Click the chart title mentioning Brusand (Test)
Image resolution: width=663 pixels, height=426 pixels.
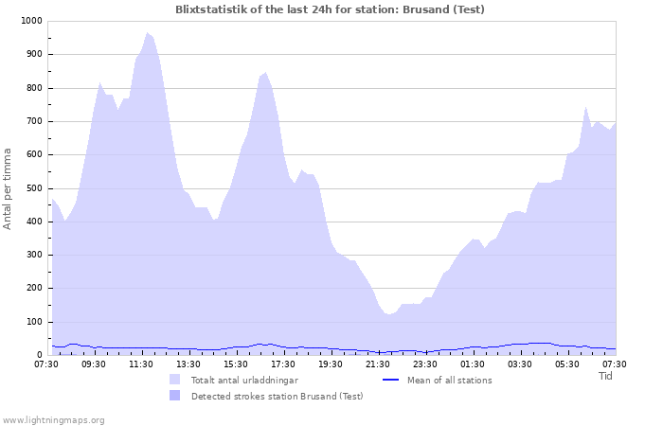[330, 9]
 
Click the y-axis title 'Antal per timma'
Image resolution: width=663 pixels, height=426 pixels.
[9, 187]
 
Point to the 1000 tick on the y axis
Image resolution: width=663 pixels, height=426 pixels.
[30, 21]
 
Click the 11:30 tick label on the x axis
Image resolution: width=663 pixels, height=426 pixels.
[141, 364]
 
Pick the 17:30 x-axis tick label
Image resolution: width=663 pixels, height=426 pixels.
[283, 364]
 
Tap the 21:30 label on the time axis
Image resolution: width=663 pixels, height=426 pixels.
[378, 364]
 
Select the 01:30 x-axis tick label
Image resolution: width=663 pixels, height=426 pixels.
[473, 364]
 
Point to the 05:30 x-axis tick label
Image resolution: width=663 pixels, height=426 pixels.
[567, 364]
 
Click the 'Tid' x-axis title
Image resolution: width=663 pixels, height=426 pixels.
[606, 376]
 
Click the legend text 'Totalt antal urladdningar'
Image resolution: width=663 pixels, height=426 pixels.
[244, 380]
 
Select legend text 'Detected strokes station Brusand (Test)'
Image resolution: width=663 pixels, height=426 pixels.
[277, 396]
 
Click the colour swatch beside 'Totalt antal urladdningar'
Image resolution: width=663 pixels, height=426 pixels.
[175, 380]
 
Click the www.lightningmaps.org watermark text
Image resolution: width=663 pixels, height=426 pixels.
[53, 419]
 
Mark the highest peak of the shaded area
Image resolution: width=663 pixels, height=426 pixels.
[147, 33]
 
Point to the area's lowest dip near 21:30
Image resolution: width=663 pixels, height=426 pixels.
[388, 314]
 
